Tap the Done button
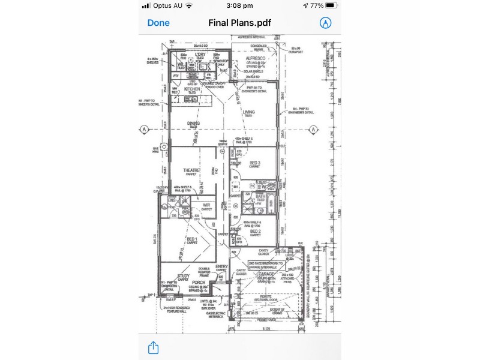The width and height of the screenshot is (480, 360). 158,23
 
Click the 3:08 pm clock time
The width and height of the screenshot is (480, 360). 240,5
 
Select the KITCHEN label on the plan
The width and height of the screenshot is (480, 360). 192,88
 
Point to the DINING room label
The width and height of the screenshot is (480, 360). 193,123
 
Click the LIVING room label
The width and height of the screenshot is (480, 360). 249,112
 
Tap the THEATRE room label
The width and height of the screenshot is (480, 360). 191,170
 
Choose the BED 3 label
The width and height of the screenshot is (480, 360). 255,163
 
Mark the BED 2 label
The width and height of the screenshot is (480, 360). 255,231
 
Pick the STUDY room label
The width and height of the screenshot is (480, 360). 184,276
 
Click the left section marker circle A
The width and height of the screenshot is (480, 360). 144,129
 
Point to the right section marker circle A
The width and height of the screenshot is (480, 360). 313,129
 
